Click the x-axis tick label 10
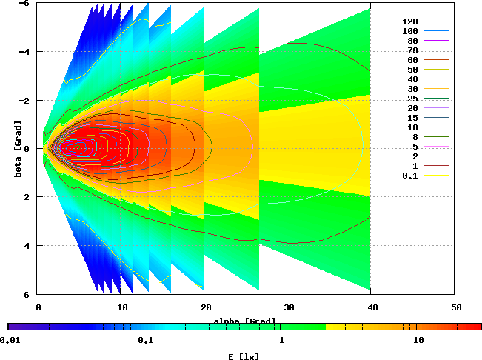click(x=122, y=306)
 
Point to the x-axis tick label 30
click(x=289, y=306)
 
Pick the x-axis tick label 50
click(x=457, y=306)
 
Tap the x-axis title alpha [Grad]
click(x=245, y=321)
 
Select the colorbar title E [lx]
click(x=244, y=356)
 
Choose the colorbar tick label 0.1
click(x=145, y=340)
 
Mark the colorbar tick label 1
click(x=281, y=340)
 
